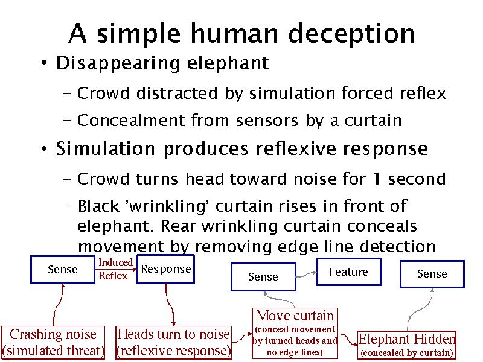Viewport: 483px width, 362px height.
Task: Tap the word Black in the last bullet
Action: tap(98, 206)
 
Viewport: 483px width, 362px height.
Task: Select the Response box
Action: tap(165, 269)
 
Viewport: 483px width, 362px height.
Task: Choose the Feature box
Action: tap(348, 272)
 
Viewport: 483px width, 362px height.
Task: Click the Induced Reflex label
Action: tap(115, 269)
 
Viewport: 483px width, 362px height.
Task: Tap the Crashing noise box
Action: tap(53, 342)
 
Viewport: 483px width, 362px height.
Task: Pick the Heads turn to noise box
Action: tap(173, 342)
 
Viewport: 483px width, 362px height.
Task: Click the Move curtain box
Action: tap(295, 333)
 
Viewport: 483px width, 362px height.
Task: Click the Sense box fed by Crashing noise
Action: tap(63, 270)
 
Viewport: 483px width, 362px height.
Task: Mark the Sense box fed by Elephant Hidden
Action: tap(432, 274)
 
